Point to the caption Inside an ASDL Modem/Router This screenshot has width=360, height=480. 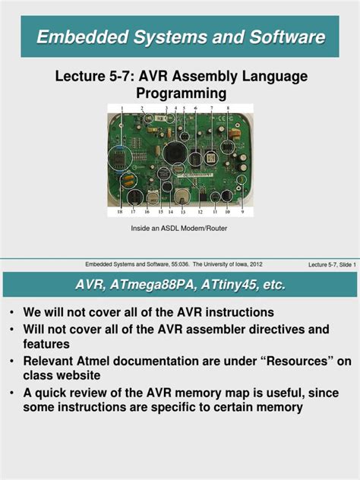tap(179, 227)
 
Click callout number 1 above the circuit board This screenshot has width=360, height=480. tap(122, 109)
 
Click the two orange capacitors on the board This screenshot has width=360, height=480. tap(128, 180)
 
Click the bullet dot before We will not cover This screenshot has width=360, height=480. tap(12, 313)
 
